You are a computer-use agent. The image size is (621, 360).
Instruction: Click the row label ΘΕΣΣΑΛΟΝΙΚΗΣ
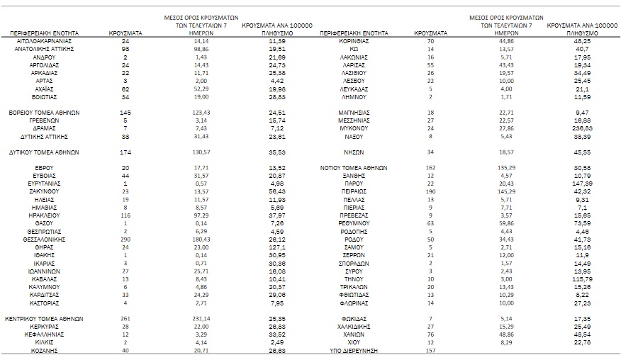[44, 240]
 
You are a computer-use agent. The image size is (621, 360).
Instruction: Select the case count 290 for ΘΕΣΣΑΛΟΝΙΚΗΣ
[125, 240]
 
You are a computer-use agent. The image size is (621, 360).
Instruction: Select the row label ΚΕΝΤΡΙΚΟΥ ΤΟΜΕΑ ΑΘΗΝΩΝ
[44, 318]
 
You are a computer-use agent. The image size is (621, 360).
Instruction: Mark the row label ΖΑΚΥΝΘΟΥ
[44, 191]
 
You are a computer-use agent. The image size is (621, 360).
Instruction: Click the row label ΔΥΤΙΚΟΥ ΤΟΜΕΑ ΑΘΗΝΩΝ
[44, 152]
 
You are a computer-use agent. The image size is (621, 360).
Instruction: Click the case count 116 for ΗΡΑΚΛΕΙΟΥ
[125, 215]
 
